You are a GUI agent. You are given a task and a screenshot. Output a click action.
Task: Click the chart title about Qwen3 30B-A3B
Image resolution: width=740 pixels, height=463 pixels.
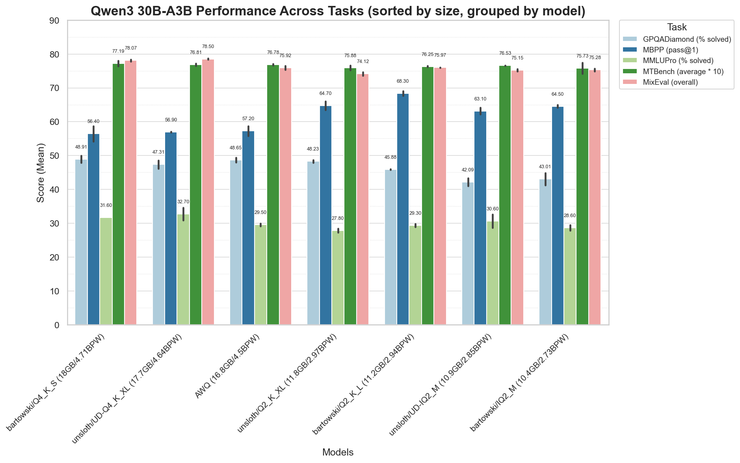tap(338, 11)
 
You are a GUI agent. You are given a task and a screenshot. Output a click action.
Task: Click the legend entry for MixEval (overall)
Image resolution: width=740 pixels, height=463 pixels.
tap(670, 82)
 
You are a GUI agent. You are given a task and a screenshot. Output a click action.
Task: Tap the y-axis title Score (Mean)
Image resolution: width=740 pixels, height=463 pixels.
tap(41, 173)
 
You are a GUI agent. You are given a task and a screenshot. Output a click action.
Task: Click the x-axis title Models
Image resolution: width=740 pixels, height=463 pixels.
tap(338, 452)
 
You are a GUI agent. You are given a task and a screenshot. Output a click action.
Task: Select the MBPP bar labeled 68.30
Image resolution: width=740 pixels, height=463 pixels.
tap(403, 209)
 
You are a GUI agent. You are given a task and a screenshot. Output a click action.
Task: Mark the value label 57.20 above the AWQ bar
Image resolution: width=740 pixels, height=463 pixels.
tap(248, 119)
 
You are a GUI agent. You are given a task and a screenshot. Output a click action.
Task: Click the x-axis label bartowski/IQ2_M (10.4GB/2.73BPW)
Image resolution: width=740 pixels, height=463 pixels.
tap(520, 382)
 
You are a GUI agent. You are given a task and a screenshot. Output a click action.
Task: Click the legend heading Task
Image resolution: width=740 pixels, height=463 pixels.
tap(677, 27)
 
